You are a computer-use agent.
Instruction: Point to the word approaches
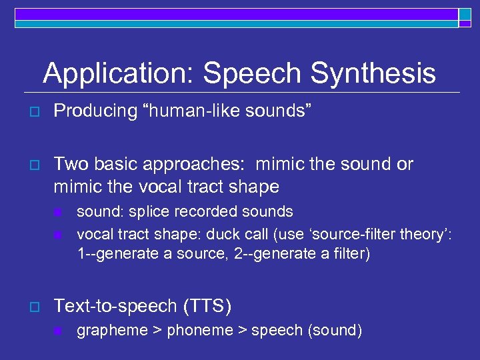(213, 164)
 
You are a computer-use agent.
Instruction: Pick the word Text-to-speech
(113, 306)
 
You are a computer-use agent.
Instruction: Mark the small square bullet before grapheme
(58, 331)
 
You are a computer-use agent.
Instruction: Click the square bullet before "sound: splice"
(58, 213)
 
